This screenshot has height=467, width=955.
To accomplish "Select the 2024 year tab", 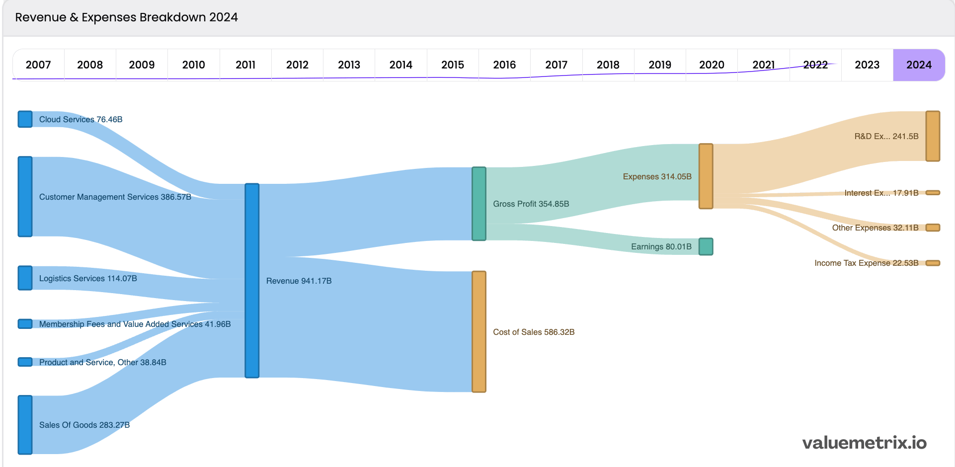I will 919,65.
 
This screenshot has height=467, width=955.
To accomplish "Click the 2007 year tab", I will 38,65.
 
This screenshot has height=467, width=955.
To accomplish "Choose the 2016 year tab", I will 504,65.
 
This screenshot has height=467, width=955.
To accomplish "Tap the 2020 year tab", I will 712,65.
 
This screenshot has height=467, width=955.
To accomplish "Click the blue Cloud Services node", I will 25,119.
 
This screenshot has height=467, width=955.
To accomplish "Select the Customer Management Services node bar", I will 25,196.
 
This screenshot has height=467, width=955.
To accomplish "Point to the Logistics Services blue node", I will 25,278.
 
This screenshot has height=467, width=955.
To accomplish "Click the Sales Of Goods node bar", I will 25,425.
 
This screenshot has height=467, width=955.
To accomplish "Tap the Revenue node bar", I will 252,281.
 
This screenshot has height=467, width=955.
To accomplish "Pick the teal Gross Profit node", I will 478,204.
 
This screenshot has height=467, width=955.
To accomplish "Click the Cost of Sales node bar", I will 478,332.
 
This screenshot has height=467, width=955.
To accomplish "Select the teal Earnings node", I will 706,246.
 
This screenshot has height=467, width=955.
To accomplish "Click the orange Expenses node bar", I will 706,176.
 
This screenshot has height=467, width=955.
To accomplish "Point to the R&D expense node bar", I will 933,136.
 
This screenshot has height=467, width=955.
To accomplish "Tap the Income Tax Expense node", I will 933,263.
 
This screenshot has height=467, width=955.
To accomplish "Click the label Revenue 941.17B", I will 299,281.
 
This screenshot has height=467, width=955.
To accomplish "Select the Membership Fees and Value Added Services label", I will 135,324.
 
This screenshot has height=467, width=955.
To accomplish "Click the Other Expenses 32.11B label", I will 875,228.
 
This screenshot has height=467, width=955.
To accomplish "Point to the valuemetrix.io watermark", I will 864,443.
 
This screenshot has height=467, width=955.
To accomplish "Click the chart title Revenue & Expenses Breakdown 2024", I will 126,17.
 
